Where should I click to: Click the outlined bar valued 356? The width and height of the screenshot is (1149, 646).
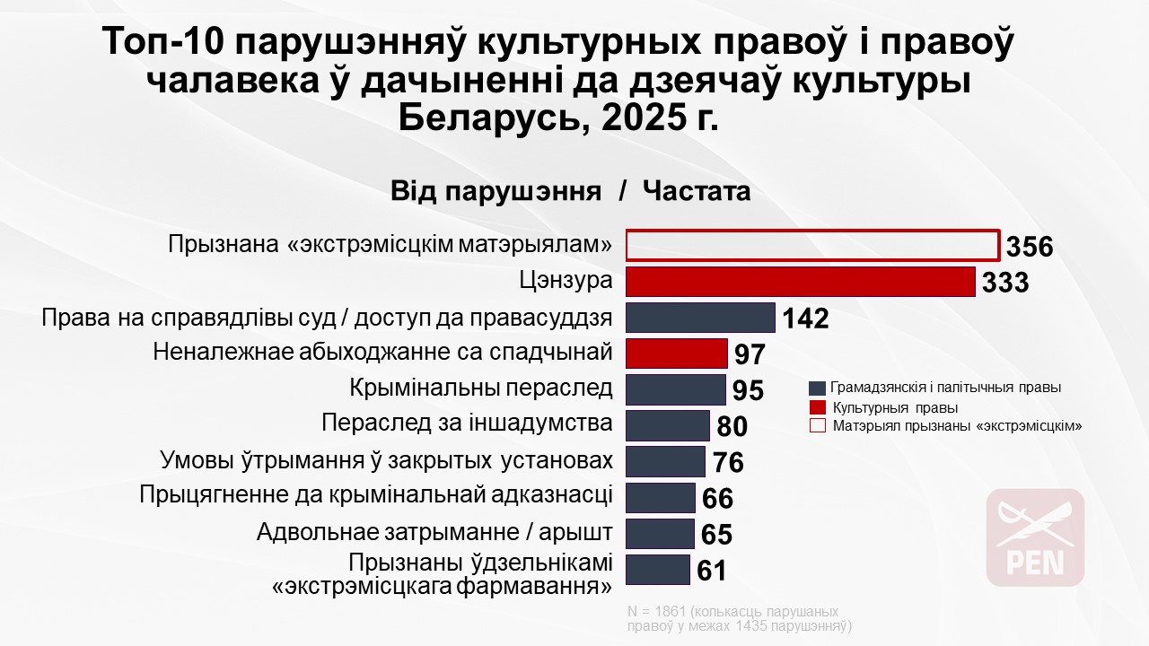point(812,245)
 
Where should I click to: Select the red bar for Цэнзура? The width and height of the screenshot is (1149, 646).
point(800,281)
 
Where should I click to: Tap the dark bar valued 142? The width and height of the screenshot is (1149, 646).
point(699,318)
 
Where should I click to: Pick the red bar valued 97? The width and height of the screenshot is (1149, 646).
point(676,354)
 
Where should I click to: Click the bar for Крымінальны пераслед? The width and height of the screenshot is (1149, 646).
point(675,389)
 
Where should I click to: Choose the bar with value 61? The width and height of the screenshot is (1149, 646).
point(657,570)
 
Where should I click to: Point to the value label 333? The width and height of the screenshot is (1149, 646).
point(1004,283)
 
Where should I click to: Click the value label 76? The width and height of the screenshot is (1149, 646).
point(728,462)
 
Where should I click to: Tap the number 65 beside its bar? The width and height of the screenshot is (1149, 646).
point(716,535)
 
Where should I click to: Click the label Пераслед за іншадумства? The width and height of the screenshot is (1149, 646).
point(467,423)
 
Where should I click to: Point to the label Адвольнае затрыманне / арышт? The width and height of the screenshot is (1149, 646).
point(434,532)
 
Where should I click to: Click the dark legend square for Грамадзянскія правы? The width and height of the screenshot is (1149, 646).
point(817,388)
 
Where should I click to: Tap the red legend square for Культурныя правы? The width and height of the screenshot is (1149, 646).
point(817,407)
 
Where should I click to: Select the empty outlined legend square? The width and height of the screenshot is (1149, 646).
point(817,426)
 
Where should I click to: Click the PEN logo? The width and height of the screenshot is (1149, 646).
point(1035,537)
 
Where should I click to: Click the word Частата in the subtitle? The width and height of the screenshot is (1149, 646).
point(697,192)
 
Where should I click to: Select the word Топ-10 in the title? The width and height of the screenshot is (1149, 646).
point(166,44)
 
